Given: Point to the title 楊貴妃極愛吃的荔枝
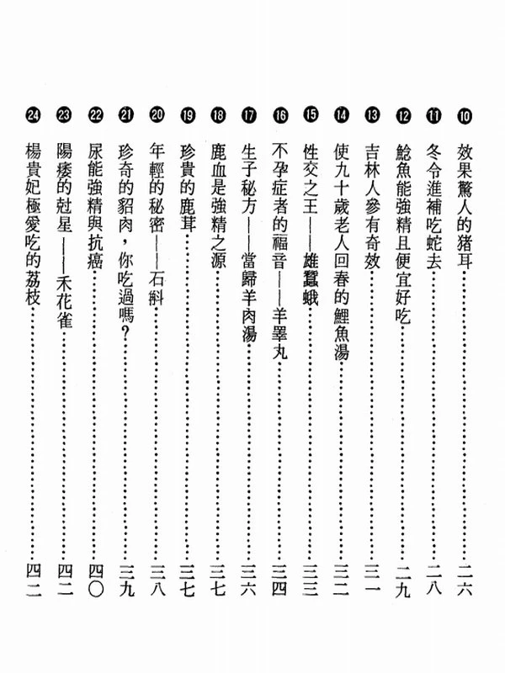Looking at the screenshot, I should pos(33,223).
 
